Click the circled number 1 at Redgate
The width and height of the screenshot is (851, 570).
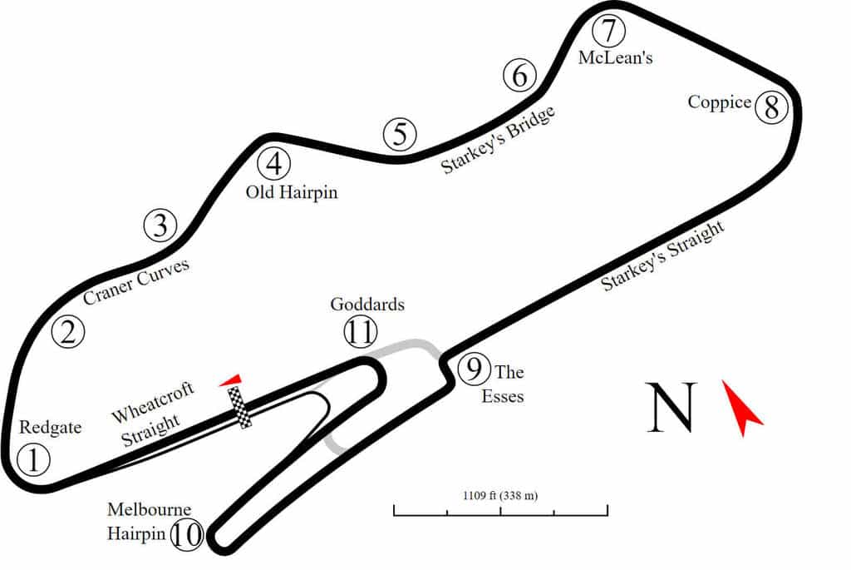pyautogui.click(x=33, y=460)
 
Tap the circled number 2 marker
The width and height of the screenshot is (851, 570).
pyautogui.click(x=68, y=332)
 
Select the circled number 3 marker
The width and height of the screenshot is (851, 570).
pyautogui.click(x=160, y=225)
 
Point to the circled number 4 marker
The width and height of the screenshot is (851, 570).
pyautogui.click(x=273, y=163)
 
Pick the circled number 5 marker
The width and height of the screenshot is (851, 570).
pyautogui.click(x=400, y=134)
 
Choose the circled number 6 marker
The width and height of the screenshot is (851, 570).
pyautogui.click(x=519, y=77)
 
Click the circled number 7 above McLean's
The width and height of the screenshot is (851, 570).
pyautogui.click(x=608, y=32)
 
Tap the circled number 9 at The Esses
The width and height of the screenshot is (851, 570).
pyautogui.click(x=474, y=368)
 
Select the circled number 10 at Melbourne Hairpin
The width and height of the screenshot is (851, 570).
pyautogui.click(x=188, y=535)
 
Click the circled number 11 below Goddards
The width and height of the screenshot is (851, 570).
pyautogui.click(x=360, y=333)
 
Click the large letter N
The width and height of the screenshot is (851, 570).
pyautogui.click(x=671, y=408)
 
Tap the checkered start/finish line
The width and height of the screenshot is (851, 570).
pyautogui.click(x=241, y=407)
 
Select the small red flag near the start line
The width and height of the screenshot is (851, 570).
pyautogui.click(x=232, y=380)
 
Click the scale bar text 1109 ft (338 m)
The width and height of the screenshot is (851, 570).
pyautogui.click(x=500, y=496)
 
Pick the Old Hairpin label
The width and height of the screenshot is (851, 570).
pyautogui.click(x=293, y=192)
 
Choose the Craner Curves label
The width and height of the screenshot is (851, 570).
pyautogui.click(x=137, y=282)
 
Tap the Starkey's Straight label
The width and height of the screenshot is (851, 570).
pyautogui.click(x=663, y=256)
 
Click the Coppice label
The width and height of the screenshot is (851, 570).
pyautogui.click(x=719, y=102)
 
